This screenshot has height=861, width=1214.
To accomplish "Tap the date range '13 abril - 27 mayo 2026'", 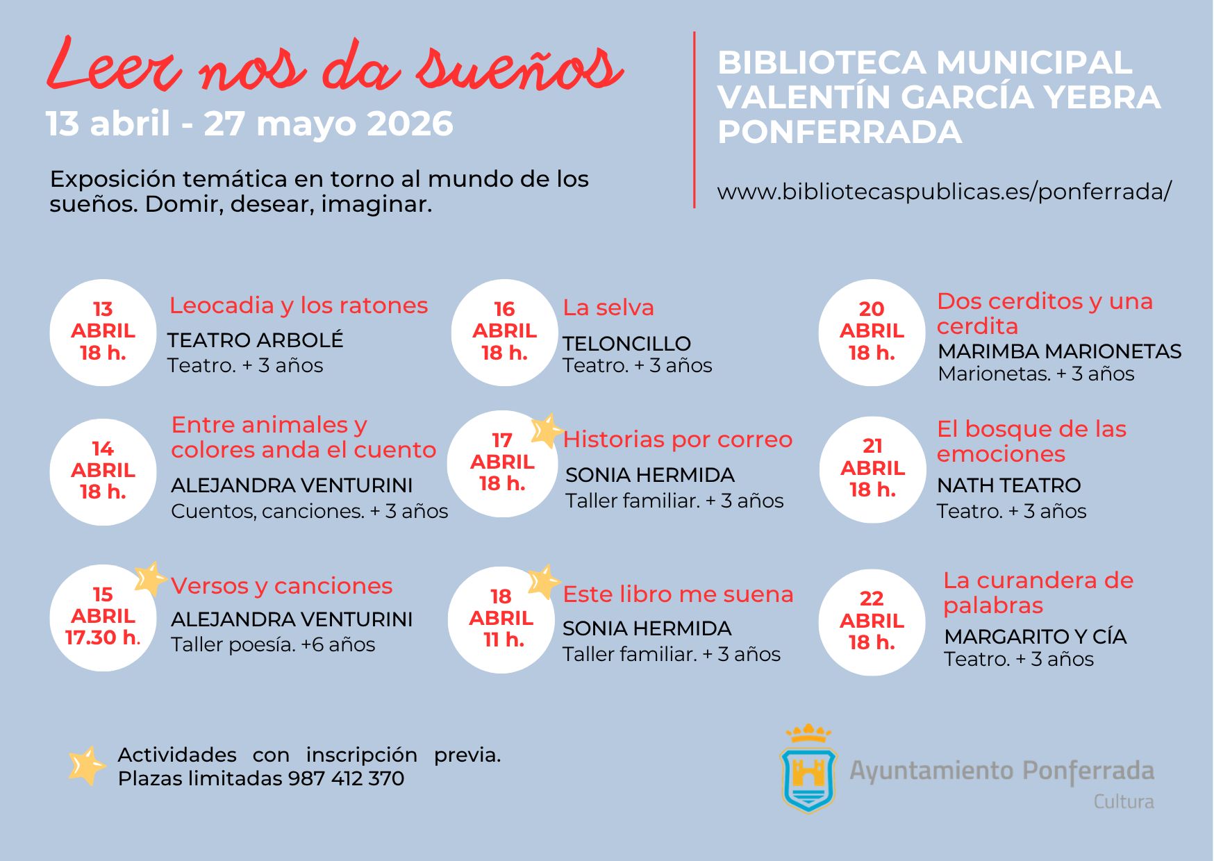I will tap(249, 124).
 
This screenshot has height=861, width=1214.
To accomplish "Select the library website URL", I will tap(944, 192).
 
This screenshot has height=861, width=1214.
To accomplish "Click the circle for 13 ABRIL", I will tap(103, 333).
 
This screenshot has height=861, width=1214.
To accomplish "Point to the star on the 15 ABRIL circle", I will tap(149, 578).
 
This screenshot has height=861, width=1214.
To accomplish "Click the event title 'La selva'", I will tap(608, 308).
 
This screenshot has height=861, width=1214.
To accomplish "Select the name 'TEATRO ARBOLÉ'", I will tap(255, 340).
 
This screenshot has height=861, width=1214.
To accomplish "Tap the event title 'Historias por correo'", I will tap(677, 440).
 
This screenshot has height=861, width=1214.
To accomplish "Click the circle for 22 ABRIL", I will tap(872, 621).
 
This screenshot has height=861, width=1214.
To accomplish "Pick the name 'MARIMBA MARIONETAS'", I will tap(1059, 351).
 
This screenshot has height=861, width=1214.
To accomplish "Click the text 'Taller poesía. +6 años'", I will tap(273, 644).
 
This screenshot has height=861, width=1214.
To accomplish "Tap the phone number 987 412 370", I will tap(346, 778).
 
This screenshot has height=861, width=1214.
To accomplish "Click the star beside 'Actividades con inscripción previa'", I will tap(87, 766).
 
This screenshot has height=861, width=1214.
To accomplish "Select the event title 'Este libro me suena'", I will tap(678, 594).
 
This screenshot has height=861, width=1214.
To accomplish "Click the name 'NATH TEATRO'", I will tap(1008, 485).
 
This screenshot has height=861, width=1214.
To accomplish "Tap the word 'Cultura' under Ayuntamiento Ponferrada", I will tap(1123, 802).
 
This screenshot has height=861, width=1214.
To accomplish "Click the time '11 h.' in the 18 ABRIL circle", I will tap(503, 640).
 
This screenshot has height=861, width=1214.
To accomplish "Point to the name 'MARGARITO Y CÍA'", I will tap(1035, 637).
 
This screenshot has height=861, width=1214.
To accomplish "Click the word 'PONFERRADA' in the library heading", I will tap(840, 132).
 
